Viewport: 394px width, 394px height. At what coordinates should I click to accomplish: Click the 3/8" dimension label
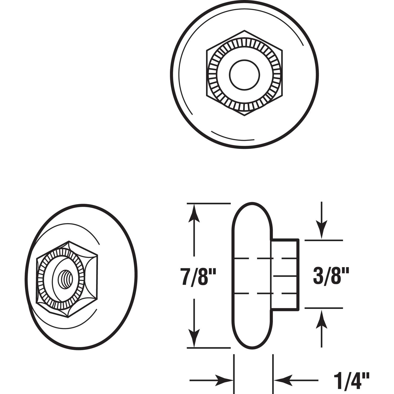coord(331,275)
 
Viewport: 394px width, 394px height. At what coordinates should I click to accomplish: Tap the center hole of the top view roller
coord(244,74)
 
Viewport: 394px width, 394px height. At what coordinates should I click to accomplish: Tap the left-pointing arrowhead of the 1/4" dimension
coord(281,380)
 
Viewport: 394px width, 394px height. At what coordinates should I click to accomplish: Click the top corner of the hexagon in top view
coord(245,30)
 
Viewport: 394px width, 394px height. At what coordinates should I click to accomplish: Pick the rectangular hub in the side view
coord(285,274)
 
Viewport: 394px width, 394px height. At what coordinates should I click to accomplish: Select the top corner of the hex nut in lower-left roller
coord(69,241)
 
